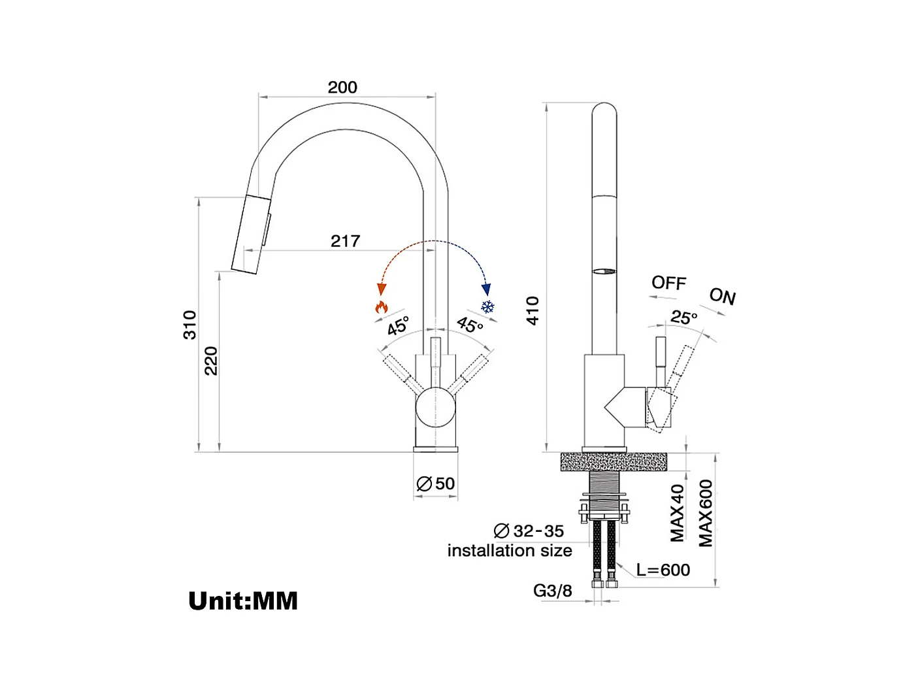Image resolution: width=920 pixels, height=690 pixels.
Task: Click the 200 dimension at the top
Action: [342, 88]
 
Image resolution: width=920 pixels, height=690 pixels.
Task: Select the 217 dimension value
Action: [345, 241]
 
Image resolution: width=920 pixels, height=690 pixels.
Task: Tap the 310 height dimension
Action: [189, 325]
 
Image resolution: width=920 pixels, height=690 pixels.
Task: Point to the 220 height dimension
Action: [211, 361]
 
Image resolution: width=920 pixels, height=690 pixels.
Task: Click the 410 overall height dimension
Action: [533, 310]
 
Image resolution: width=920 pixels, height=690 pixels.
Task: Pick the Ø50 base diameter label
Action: [436, 484]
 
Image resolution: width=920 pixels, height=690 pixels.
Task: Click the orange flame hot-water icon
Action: [381, 306]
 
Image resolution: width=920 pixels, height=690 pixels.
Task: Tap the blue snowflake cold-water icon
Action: [487, 306]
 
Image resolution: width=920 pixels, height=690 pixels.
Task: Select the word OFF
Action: [668, 283]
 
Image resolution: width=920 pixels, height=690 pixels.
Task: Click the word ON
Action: [722, 297]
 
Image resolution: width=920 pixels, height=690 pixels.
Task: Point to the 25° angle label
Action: [684, 318]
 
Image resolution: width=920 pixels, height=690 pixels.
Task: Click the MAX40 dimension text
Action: [678, 513]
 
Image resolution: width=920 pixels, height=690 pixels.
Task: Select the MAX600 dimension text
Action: [706, 513]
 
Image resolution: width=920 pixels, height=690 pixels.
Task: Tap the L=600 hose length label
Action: [663, 570]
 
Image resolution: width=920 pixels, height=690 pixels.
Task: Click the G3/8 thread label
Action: [552, 591]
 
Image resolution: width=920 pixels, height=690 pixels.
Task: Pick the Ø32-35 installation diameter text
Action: [529, 531]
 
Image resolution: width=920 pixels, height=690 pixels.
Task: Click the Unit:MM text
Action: [243, 600]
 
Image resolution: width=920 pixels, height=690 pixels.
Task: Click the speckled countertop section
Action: [614, 462]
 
